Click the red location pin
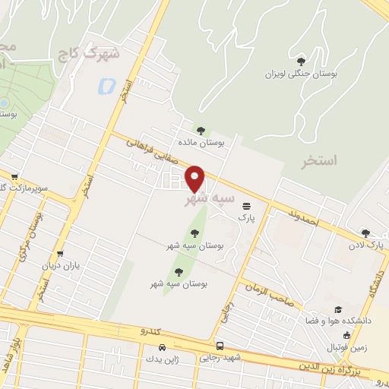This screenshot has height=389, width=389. [196, 178]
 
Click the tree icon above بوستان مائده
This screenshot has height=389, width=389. [201, 130]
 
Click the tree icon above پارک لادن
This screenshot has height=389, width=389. [365, 233]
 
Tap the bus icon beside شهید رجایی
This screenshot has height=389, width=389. [220, 345]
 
